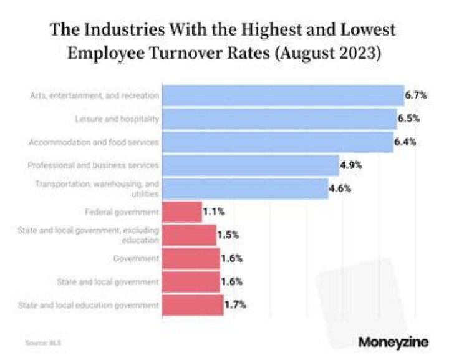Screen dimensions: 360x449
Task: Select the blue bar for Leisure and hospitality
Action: [279, 119]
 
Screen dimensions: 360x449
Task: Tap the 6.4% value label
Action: [405, 142]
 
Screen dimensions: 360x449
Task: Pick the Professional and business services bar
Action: [250, 165]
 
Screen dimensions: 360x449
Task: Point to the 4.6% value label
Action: [340, 188]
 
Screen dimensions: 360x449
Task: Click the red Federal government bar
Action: [181, 212]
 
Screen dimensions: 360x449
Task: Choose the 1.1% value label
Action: [214, 212]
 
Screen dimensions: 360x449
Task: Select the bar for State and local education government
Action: [192, 305]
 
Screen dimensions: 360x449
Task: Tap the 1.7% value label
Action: [234, 305]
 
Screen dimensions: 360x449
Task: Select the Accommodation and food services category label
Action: [94, 142]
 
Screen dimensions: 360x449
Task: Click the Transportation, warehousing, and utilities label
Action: [97, 188]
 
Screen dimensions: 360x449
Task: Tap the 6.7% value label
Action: [416, 95]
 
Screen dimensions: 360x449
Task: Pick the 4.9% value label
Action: [351, 165]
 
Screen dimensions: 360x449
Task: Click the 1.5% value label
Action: [228, 235]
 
